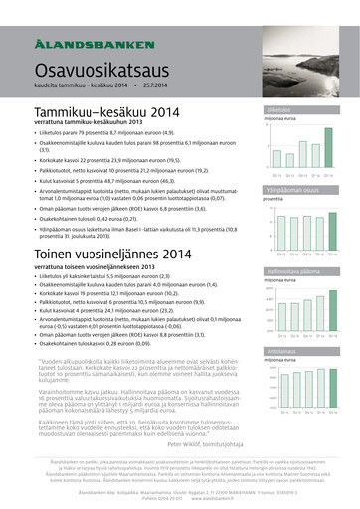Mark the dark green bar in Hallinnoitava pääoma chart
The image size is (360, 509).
point(335,309)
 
